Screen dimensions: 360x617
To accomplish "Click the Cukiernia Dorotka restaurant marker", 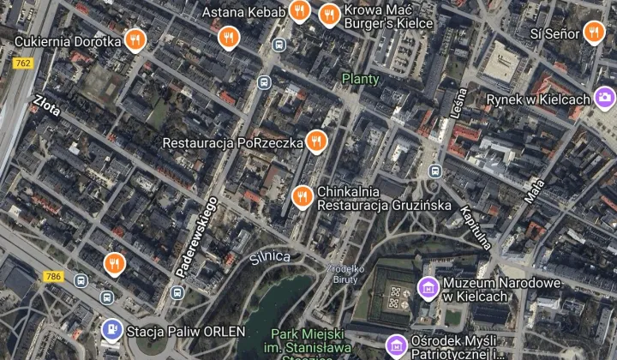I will (x=134, y=39).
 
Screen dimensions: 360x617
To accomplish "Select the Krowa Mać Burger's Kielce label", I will (x=378, y=15).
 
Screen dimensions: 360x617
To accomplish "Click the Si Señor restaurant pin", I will (x=594, y=33).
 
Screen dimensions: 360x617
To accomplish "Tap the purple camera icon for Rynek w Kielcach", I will (x=605, y=98).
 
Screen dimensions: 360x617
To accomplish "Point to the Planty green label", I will (x=360, y=79).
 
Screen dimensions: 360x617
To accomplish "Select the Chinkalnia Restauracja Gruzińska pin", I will (x=301, y=197).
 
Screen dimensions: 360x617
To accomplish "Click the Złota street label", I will (x=48, y=109).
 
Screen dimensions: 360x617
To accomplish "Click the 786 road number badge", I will (x=52, y=276).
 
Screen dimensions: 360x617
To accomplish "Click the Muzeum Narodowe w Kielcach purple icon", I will (x=426, y=286).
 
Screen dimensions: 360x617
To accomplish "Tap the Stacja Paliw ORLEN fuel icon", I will (x=111, y=330).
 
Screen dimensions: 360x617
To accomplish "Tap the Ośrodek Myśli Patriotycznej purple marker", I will (x=396, y=345).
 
